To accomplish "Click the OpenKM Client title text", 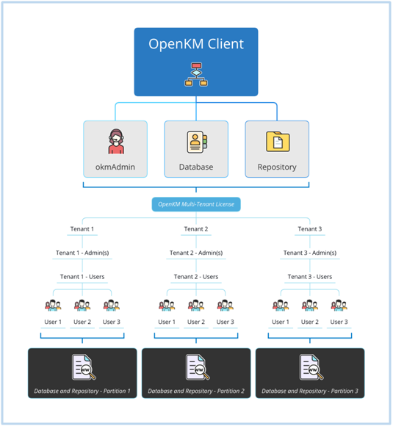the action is (x=196, y=44).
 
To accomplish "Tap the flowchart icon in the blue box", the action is (x=196, y=74).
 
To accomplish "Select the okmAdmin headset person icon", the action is (x=116, y=141).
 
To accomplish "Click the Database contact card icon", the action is (x=197, y=142).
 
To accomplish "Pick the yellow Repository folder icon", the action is (x=278, y=142).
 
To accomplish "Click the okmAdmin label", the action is (x=115, y=167).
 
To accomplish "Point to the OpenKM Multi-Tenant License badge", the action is (x=196, y=204).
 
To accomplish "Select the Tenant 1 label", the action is (x=82, y=228).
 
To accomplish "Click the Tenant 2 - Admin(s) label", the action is (x=196, y=253).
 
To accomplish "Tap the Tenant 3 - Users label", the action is (x=310, y=277).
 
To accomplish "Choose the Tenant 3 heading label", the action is (x=309, y=228).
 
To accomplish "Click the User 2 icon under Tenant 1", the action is (x=82, y=306).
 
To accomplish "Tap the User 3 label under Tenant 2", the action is (x=225, y=322).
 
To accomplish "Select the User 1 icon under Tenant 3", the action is (x=281, y=306).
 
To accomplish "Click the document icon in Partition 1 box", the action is (x=84, y=367).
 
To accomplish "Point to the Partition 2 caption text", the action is (x=196, y=391).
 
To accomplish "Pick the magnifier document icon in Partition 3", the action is (x=311, y=367).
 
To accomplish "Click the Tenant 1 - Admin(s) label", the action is (x=82, y=253).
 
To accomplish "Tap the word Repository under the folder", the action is (x=277, y=167).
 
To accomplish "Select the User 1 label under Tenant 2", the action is (x=167, y=322).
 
